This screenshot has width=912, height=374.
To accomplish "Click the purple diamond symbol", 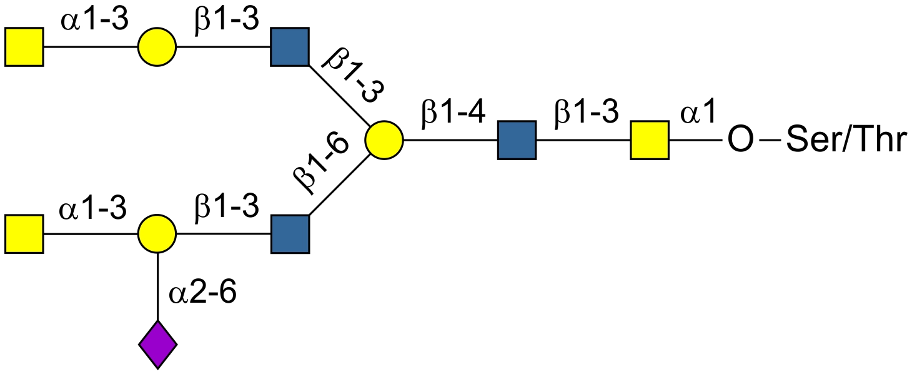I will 157,344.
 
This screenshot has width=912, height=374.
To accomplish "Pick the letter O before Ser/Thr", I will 741,141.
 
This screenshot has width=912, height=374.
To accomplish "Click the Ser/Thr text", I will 845,141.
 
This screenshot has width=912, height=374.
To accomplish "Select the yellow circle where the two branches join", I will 384,140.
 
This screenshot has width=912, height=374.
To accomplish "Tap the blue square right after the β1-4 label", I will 517,140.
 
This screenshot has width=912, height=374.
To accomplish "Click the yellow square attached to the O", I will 650,140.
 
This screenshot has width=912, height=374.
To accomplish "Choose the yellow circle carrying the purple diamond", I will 157,234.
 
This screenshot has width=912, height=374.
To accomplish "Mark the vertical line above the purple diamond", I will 157,288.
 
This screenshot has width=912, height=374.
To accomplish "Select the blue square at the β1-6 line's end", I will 290,234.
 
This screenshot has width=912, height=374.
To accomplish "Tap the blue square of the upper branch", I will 290,46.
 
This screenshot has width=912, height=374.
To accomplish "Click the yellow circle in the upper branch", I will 157,46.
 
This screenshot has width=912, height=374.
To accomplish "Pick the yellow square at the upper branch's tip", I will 24,46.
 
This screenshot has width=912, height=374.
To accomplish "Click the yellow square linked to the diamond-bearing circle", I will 24,234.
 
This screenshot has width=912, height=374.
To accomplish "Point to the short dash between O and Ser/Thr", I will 773,141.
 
